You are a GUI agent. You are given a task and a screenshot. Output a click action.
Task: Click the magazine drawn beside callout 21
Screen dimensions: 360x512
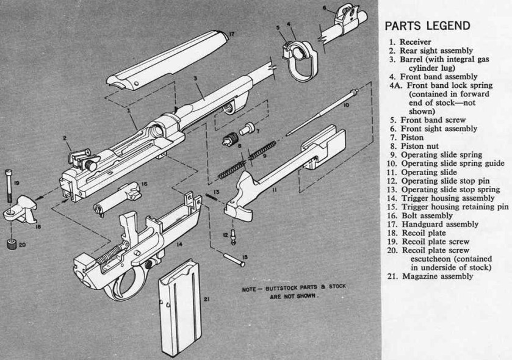178,305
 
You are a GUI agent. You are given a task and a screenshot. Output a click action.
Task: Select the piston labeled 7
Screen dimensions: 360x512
245,129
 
